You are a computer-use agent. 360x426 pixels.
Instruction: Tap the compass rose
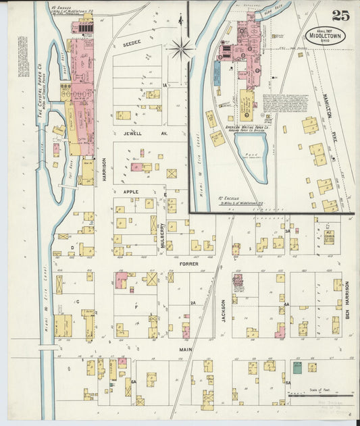coord(181,48)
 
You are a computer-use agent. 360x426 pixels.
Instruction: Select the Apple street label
coord(130,192)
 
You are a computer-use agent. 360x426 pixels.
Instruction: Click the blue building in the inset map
coord(217,73)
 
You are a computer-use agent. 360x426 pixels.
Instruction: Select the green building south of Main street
coord(297,367)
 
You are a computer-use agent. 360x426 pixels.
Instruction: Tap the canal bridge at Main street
coord(47,348)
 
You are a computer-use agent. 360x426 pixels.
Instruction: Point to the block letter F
coord(138,306)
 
